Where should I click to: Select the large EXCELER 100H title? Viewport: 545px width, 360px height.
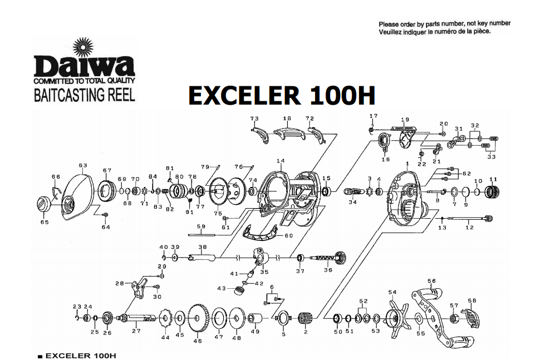click(282, 96)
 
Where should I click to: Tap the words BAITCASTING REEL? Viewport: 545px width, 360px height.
click(84, 95)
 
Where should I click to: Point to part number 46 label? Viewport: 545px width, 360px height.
click(198, 341)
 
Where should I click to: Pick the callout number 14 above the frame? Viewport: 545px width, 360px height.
click(280, 161)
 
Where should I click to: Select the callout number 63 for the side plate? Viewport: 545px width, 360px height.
click(83, 165)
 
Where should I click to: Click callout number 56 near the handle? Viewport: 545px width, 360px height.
click(431, 282)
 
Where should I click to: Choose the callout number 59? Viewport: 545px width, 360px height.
click(200, 226)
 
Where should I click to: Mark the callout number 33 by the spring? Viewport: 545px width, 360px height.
click(491, 157)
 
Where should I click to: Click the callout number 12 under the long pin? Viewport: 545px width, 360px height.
click(469, 227)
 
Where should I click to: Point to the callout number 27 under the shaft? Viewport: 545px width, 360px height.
click(136, 331)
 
